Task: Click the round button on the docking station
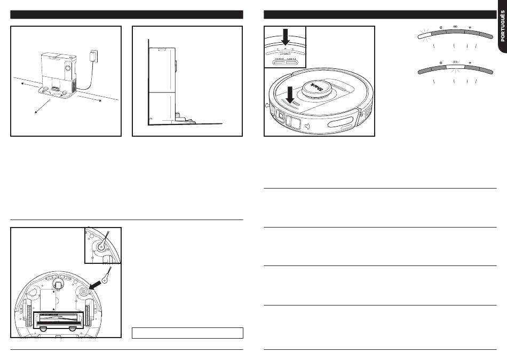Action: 68,68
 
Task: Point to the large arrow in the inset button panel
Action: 286,37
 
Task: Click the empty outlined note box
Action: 187,333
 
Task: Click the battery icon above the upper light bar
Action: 455,26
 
